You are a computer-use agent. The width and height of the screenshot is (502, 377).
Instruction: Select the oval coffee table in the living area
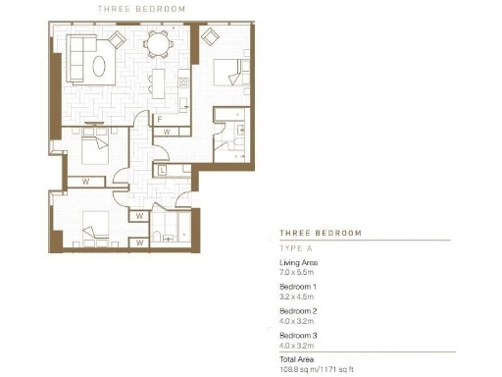pos(100,66)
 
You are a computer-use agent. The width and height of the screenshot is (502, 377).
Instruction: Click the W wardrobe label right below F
pos(168,131)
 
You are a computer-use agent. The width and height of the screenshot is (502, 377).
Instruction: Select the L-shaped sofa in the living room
pos(78,54)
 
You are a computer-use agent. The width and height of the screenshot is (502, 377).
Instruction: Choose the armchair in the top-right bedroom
pos(210,36)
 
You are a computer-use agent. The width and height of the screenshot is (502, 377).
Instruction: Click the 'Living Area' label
pos(298,264)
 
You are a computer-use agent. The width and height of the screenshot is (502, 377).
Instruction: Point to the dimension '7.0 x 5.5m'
pos(299,273)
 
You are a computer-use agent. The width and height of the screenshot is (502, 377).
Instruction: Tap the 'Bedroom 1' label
pos(297,287)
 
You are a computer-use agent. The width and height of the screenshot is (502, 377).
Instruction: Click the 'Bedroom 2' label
pos(297,310)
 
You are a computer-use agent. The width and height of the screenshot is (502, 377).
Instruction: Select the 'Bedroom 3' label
pos(297,334)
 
